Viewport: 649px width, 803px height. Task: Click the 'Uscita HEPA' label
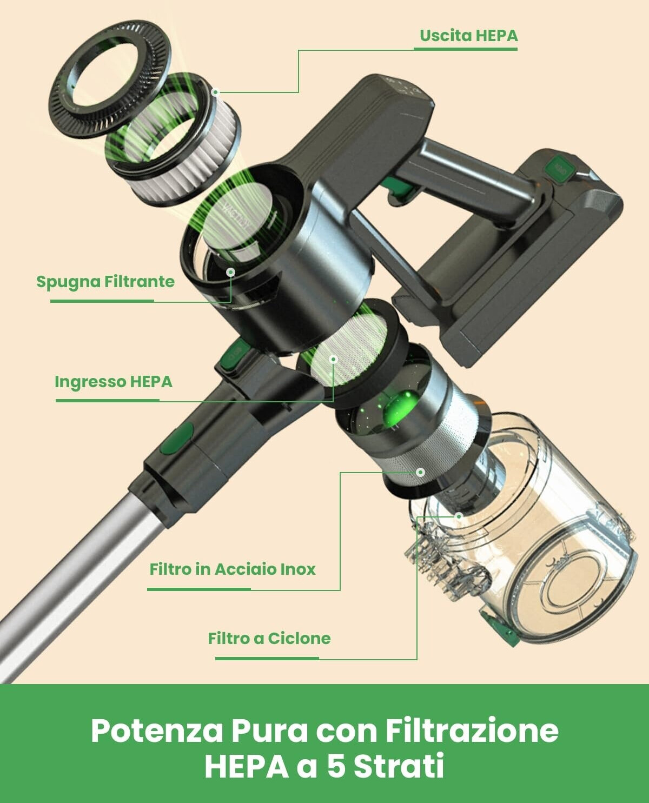click(x=469, y=36)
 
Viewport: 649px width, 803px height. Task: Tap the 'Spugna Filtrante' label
click(x=105, y=282)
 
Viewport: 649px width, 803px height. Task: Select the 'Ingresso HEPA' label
click(x=114, y=382)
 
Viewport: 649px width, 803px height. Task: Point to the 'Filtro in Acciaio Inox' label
click(x=233, y=569)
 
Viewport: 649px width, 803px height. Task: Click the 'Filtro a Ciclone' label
click(x=269, y=638)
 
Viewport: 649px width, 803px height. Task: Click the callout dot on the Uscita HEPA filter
click(x=216, y=92)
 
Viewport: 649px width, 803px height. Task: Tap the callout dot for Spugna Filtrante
click(x=231, y=272)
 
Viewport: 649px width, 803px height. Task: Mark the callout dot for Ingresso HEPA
click(x=333, y=359)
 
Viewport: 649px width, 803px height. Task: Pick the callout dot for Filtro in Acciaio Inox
click(x=421, y=472)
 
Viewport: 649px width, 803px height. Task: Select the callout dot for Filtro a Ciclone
click(x=459, y=516)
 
